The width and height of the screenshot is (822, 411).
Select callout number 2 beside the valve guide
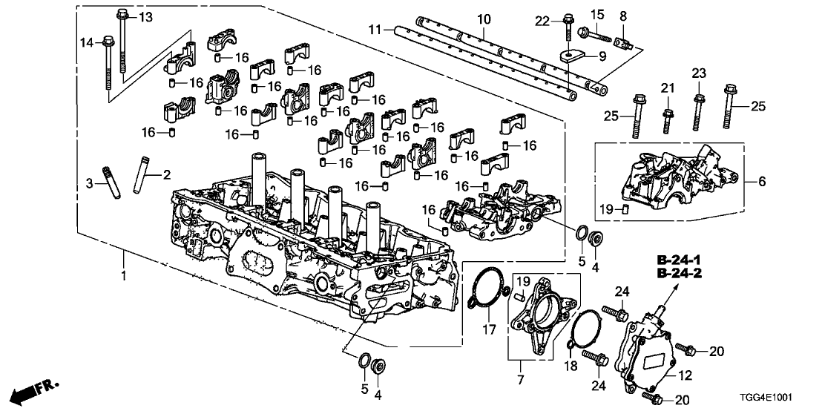[x=167, y=175]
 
